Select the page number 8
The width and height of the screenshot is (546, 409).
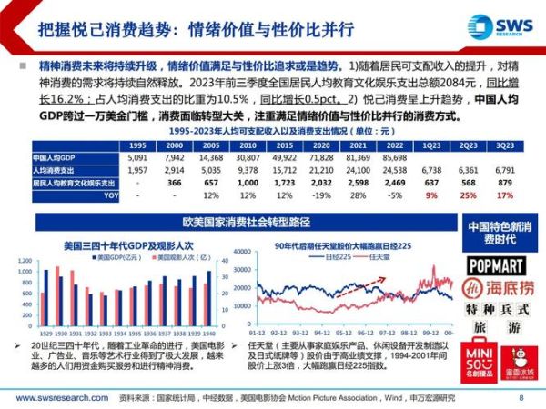point(521,397)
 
